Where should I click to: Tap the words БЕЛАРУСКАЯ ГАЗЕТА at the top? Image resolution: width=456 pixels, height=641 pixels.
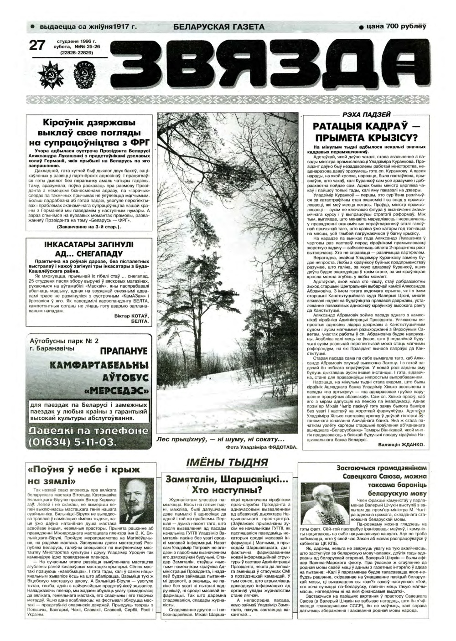pyautogui.click(x=219, y=27)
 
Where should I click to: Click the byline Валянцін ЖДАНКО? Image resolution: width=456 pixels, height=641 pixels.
pyautogui.click(x=402, y=444)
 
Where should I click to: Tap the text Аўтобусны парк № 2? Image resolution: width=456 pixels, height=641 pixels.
pyautogui.click(x=63, y=340)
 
